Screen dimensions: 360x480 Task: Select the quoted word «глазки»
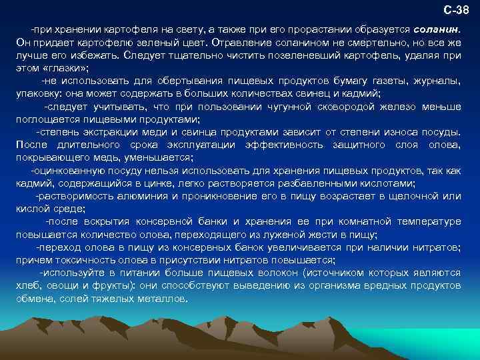(65, 69)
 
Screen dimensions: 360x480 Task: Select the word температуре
(423, 222)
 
